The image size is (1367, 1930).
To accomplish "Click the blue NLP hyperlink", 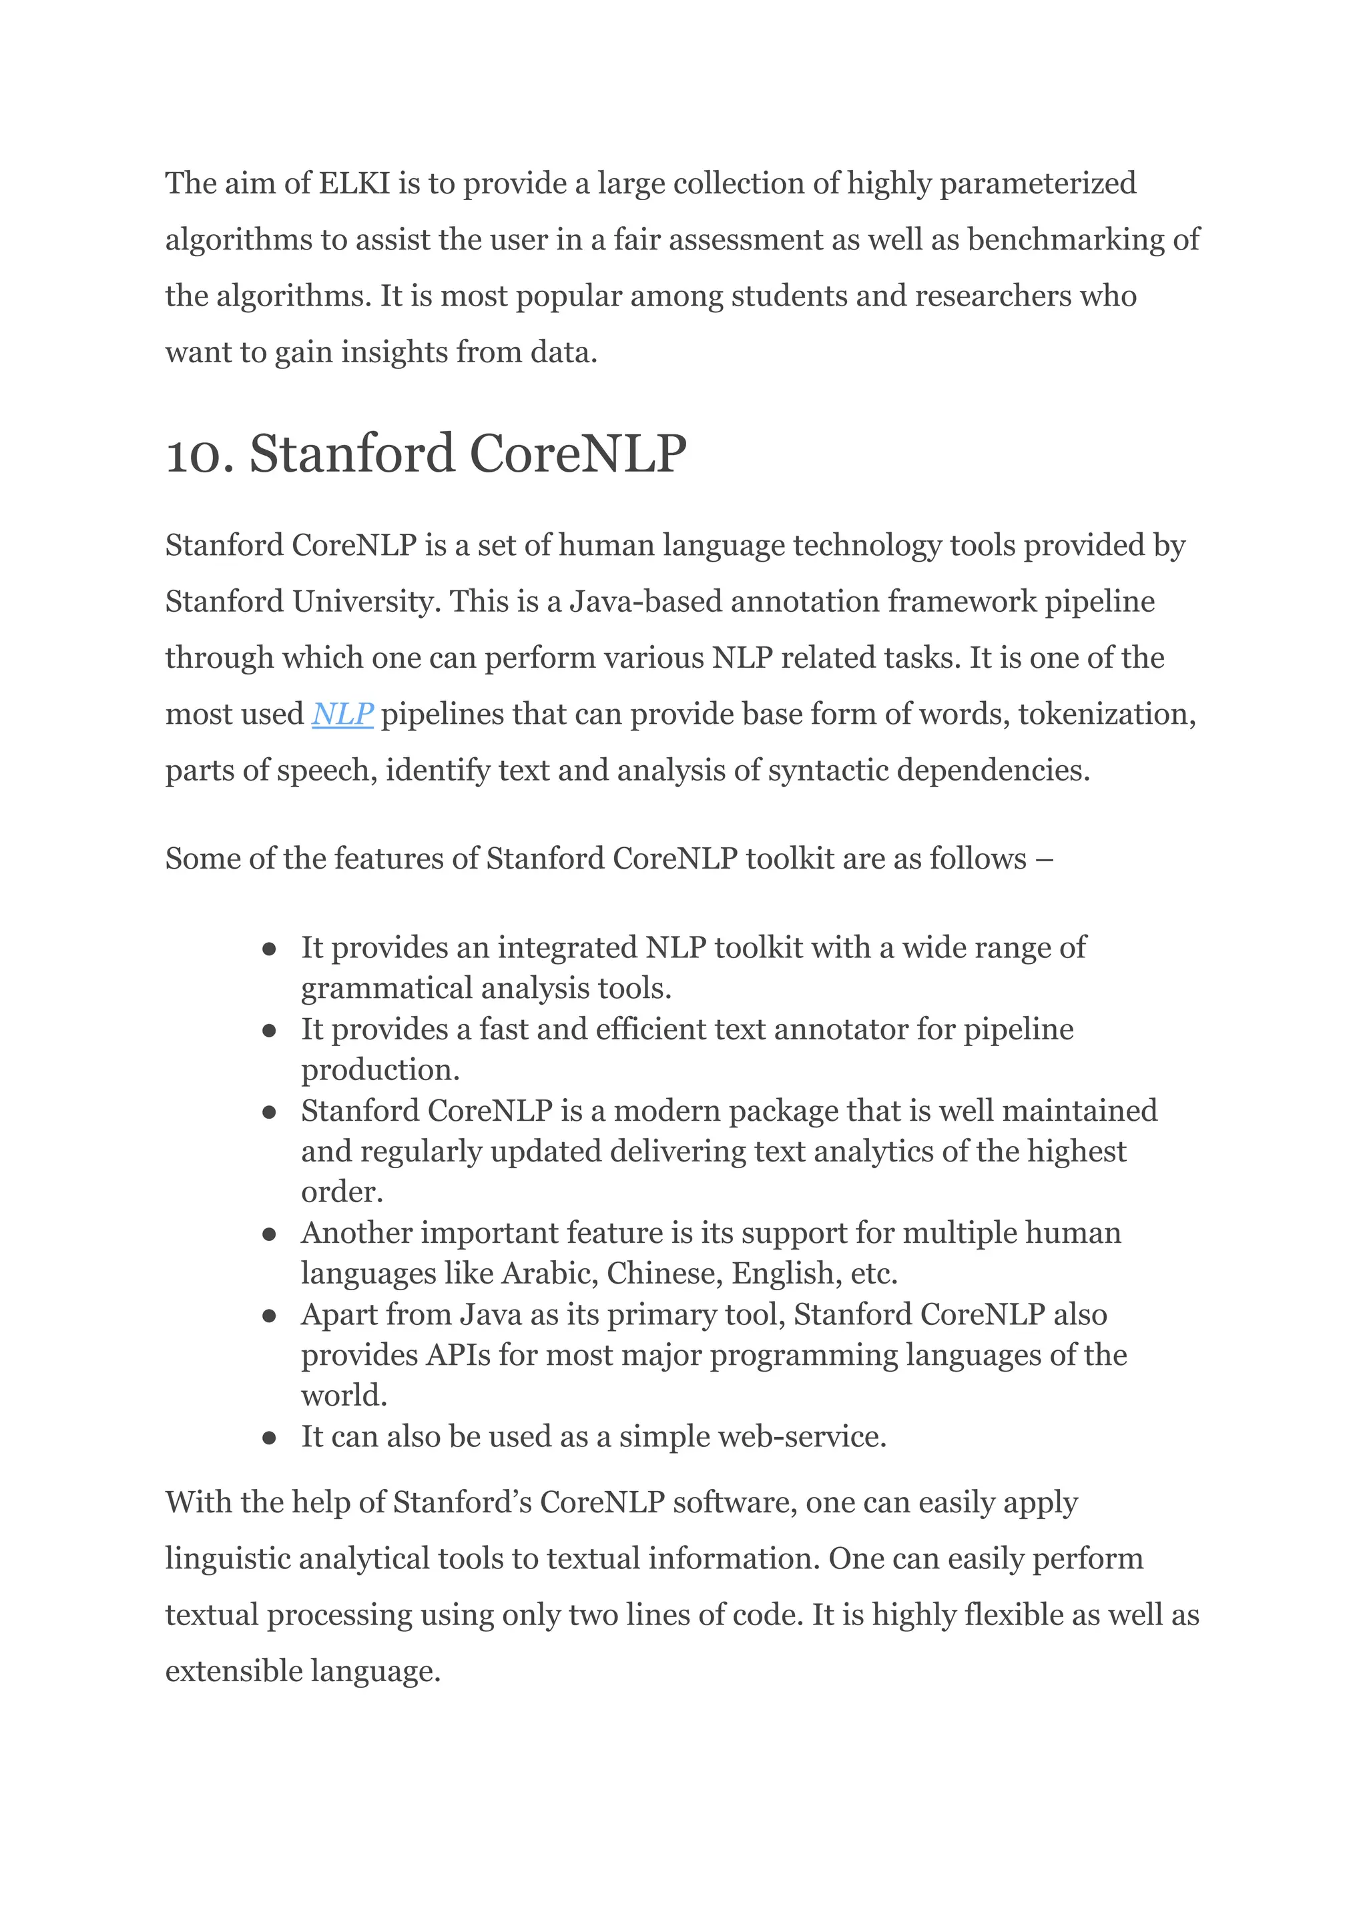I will click(x=342, y=714).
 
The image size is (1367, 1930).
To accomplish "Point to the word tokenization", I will click(x=1106, y=714).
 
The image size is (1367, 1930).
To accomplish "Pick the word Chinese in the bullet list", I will click(x=664, y=1274).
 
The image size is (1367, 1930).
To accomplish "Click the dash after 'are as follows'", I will click(x=1045, y=859).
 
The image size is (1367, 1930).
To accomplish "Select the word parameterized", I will click(x=1037, y=183).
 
